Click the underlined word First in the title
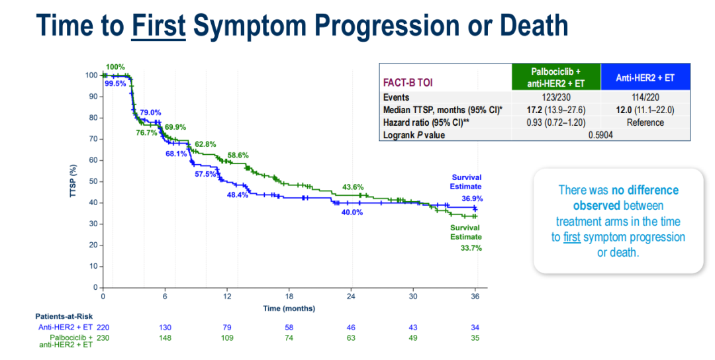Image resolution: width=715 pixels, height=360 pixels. click(158, 25)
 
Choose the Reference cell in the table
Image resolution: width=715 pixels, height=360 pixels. click(645, 122)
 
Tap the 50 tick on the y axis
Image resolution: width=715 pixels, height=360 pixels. click(93, 181)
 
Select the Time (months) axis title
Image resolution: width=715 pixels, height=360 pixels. click(289, 308)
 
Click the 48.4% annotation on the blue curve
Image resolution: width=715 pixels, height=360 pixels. click(237, 195)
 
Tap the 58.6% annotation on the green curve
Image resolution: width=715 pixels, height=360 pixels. click(238, 155)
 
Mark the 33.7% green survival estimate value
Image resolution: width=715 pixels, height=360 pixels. click(471, 248)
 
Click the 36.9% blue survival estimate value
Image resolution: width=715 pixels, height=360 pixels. click(471, 198)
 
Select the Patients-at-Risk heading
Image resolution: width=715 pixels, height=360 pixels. click(64, 316)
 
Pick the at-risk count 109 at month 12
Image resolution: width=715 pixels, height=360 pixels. click(227, 338)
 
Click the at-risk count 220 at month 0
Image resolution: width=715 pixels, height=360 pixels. click(103, 328)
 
